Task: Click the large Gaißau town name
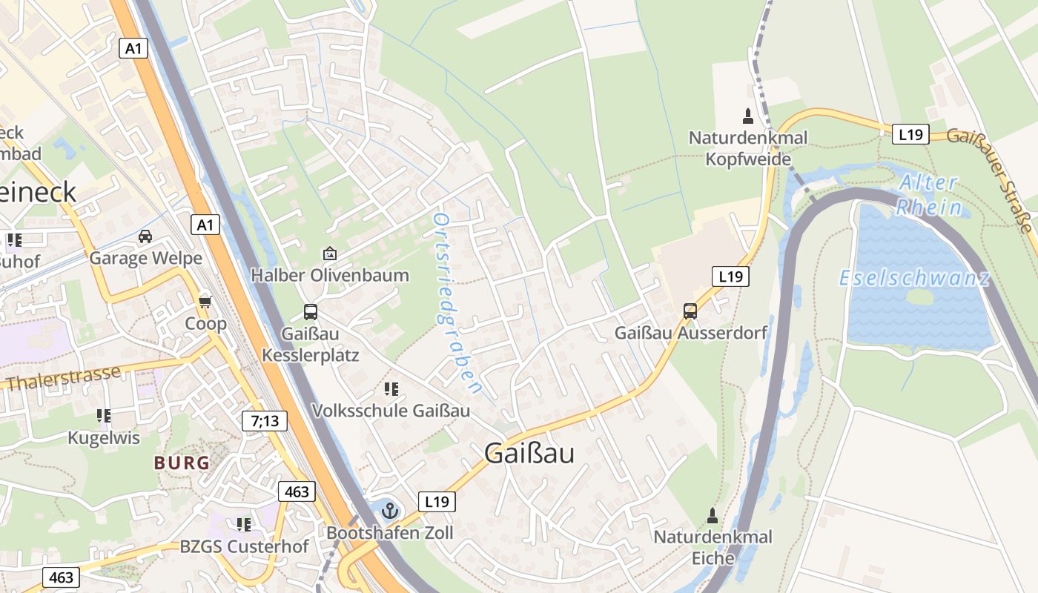[x=529, y=453]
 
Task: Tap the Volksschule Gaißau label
[x=391, y=411]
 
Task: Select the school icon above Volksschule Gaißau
[x=391, y=388]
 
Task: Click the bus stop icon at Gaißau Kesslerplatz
[x=310, y=312]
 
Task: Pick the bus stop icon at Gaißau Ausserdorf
[x=690, y=311]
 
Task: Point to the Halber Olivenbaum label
[x=330, y=275]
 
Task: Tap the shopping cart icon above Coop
[x=205, y=302]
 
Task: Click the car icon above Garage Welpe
[x=145, y=236]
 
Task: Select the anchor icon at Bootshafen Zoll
[x=390, y=510]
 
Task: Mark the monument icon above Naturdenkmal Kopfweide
[x=747, y=116]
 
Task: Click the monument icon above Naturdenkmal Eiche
[x=713, y=514]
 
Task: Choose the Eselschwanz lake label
[x=914, y=279]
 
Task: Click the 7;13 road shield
[x=264, y=422]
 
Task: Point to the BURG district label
[x=182, y=463]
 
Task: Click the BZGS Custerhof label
[x=244, y=547]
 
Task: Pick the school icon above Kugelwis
[x=103, y=416]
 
